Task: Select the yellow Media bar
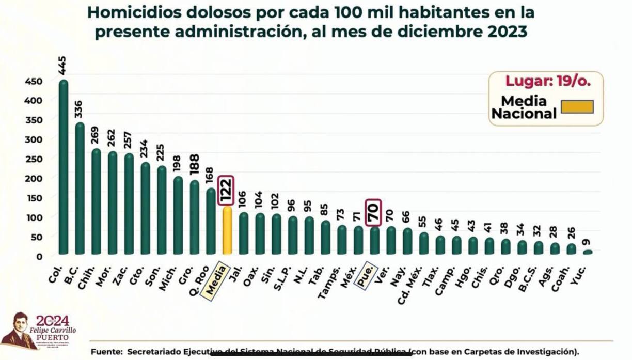pos(227,230)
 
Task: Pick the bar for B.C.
pos(80,189)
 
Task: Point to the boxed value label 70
pos(373,212)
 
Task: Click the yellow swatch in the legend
pos(577,107)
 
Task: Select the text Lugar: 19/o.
pos(547,81)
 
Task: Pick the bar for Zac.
pos(129,204)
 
